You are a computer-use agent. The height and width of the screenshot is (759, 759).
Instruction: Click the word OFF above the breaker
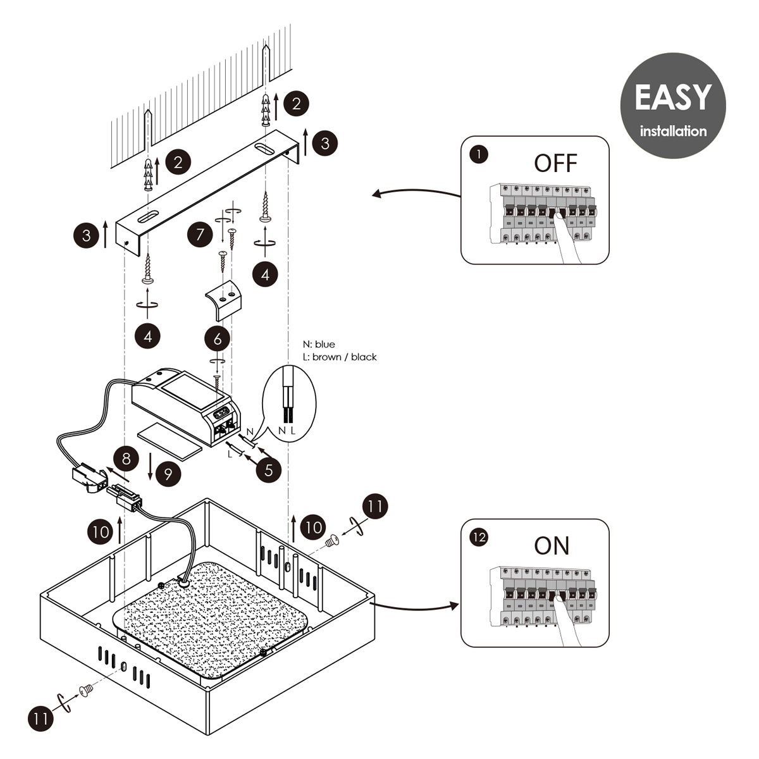tap(556, 163)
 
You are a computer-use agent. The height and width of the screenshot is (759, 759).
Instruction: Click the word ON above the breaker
tap(552, 545)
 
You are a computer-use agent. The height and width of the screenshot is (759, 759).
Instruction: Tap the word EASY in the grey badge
tap(672, 97)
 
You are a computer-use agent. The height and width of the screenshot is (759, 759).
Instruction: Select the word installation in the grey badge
tap(673, 132)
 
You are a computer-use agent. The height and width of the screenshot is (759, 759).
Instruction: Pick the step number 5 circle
tap(269, 471)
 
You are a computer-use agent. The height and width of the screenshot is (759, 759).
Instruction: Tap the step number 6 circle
tap(218, 338)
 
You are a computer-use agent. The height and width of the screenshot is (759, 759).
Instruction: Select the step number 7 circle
tap(201, 235)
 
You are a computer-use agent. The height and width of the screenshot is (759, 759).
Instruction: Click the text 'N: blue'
tap(319, 345)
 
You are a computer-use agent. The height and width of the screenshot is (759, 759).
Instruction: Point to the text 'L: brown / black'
tap(340, 357)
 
